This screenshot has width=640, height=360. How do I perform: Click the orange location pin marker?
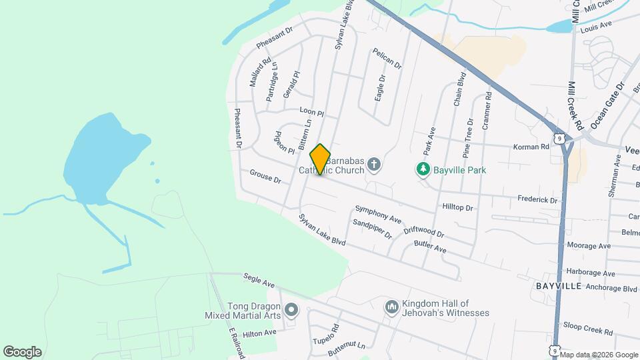[320, 159]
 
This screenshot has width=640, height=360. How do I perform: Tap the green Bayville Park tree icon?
[423, 170]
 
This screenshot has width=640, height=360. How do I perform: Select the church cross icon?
[374, 164]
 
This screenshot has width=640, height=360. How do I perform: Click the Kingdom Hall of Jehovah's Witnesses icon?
[392, 307]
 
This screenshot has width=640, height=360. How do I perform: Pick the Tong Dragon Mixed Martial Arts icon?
[291, 311]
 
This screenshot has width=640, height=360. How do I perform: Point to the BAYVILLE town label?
[559, 286]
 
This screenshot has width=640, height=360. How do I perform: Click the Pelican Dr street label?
[388, 59]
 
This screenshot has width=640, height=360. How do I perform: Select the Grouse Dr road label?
[265, 177]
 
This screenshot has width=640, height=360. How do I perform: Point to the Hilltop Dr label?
[457, 208]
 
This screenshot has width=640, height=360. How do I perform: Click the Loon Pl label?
[311, 113]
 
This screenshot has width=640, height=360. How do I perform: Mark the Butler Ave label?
[430, 247]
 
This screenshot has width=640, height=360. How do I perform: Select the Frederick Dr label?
[537, 199]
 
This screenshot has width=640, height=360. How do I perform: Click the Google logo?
[22, 352]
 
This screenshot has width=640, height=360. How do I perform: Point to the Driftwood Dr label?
[423, 232]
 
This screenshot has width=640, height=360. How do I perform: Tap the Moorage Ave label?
[588, 246]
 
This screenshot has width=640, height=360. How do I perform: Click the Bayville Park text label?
[460, 170]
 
